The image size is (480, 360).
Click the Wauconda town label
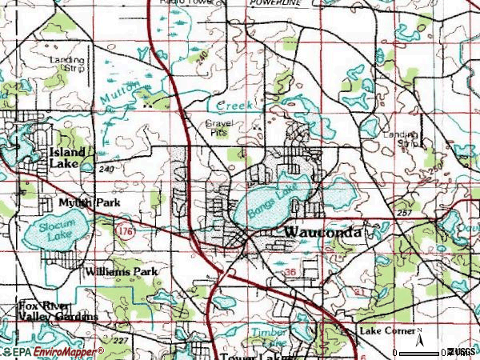click(323, 232)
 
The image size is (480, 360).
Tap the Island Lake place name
click(69, 157)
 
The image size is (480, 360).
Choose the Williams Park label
click(122, 271)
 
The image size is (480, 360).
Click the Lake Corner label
click(387, 330)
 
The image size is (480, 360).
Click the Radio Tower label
click(178, 3)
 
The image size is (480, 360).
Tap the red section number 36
click(289, 273)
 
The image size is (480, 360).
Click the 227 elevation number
click(119, 340)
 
